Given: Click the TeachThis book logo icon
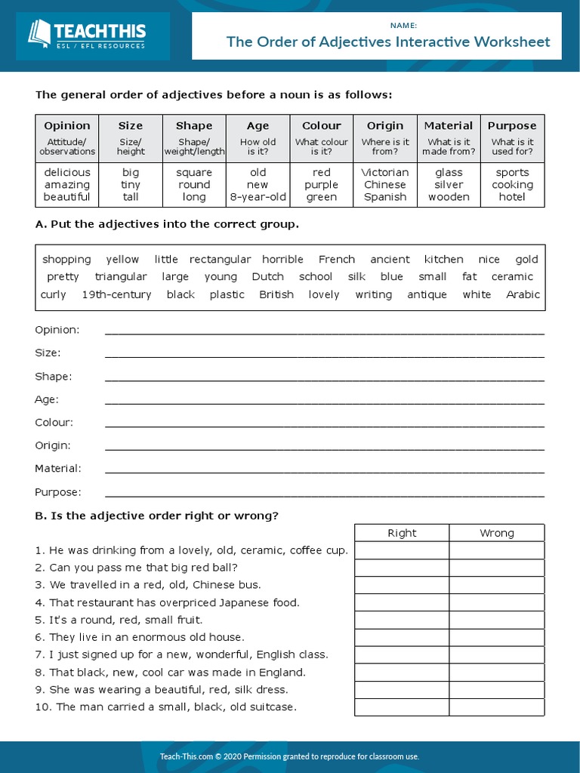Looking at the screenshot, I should [39, 35].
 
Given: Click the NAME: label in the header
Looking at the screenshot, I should [403, 26].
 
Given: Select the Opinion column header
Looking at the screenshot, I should [67, 126].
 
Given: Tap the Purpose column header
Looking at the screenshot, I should [512, 126].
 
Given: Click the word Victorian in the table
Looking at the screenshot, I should [384, 173].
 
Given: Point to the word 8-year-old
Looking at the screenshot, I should [258, 197].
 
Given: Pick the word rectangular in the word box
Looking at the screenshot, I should [220, 260].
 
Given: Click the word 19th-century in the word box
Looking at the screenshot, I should [116, 294].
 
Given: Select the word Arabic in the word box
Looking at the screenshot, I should [523, 294].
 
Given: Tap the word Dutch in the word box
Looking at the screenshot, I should [267, 277].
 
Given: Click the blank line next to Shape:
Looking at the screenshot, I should [324, 379].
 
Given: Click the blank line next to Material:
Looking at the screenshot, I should [324, 472].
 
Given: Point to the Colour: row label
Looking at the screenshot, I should [54, 423].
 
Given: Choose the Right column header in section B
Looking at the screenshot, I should [402, 533].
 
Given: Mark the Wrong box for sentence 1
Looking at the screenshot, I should [496, 550].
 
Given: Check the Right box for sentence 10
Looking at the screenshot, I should [402, 707].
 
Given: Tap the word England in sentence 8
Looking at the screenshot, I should [282, 672].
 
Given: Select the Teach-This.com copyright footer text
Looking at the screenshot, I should [290, 756].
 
